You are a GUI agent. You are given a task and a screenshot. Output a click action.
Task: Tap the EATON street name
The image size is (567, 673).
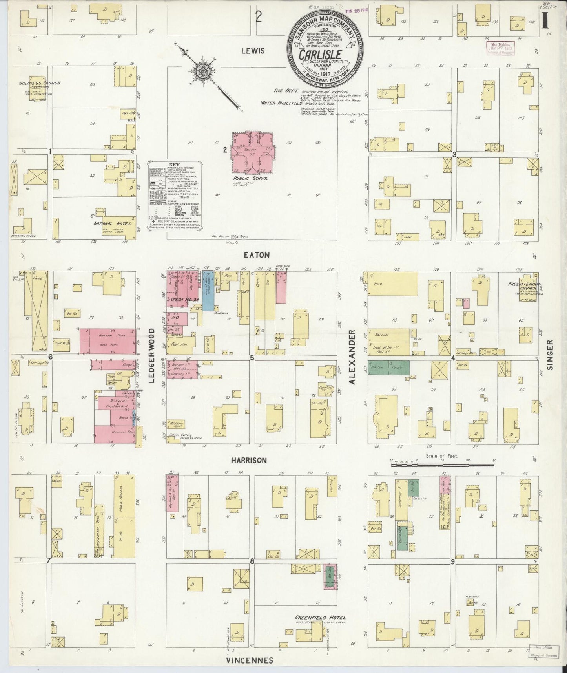click(x=256, y=255)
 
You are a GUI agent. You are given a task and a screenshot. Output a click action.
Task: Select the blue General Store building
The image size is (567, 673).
click(x=208, y=291)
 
